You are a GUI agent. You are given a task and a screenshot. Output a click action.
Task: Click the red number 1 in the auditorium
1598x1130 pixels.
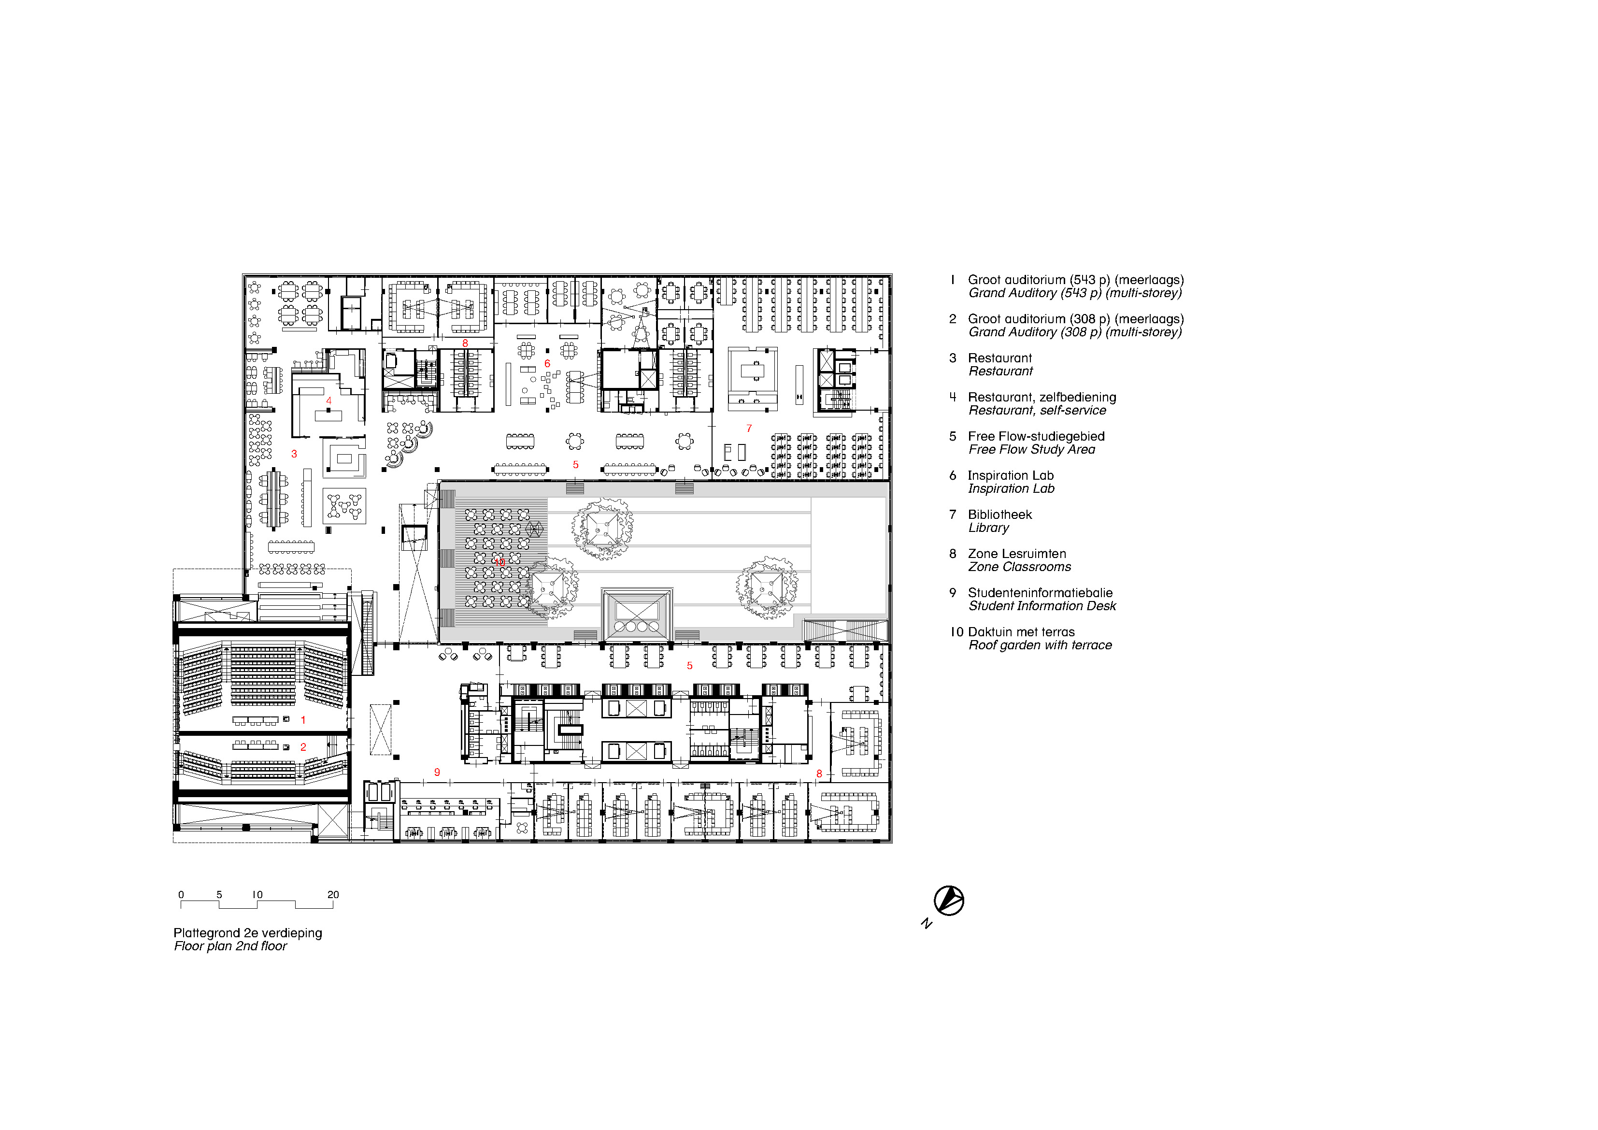(303, 720)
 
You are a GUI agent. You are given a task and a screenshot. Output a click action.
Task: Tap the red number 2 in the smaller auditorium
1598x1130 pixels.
(303, 747)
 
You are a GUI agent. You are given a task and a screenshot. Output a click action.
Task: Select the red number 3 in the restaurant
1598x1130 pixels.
(294, 454)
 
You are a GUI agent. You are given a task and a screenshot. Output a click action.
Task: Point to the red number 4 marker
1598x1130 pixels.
(328, 401)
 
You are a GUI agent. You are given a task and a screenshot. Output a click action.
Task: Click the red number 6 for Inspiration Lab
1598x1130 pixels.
(547, 363)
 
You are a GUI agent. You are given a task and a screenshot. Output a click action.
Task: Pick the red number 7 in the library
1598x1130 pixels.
(749, 428)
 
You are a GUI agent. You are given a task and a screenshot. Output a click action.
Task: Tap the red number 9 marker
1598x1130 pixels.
(437, 772)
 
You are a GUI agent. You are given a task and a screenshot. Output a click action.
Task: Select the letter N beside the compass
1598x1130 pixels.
(927, 924)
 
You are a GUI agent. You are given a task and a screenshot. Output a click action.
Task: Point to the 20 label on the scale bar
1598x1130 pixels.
(333, 895)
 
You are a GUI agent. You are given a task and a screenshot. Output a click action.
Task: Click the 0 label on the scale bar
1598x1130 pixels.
(181, 895)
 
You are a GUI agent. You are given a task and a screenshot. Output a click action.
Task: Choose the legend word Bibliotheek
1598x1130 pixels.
(999, 515)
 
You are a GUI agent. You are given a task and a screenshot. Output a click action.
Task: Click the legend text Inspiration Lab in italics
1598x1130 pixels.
(1011, 489)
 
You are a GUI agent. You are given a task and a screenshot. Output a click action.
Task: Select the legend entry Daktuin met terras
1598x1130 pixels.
(1021, 632)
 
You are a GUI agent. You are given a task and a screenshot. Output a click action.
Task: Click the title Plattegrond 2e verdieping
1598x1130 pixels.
(248, 933)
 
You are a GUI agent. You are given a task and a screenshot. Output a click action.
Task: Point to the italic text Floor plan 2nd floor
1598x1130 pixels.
(230, 946)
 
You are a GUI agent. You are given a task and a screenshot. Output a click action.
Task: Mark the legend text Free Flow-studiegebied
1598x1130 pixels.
(1036, 437)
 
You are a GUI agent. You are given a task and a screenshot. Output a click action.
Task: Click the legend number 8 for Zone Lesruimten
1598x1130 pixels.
(953, 554)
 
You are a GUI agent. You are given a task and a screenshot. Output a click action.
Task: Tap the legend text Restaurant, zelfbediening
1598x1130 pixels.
(1041, 398)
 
